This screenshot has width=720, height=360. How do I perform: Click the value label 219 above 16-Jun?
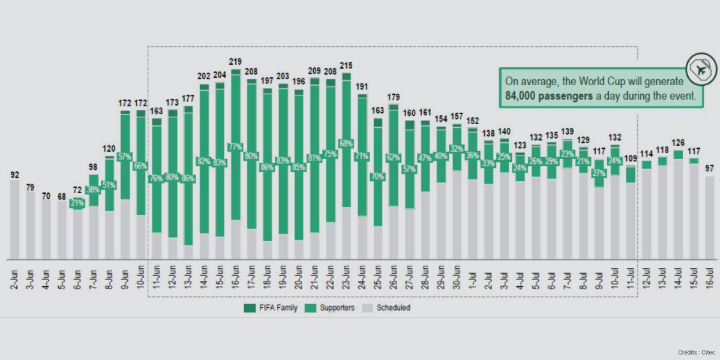[235, 62]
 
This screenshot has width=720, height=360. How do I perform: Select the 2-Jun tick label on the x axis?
[15, 278]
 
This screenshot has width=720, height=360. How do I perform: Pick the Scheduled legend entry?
[389, 308]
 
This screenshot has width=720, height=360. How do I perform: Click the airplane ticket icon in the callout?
[701, 69]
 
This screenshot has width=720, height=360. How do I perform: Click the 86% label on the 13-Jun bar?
[188, 179]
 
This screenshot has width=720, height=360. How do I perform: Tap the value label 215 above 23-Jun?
[346, 65]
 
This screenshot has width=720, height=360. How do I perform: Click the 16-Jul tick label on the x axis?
[710, 278]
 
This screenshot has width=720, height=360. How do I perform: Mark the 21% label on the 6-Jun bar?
[78, 203]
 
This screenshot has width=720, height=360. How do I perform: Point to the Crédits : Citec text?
[695, 352]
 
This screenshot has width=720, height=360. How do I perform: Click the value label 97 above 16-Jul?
[709, 169]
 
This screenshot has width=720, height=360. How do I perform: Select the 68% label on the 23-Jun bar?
[346, 143]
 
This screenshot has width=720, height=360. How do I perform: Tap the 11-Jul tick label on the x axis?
[631, 278]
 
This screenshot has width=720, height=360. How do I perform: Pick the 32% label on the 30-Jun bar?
[457, 148]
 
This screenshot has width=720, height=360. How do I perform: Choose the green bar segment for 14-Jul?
[678, 155]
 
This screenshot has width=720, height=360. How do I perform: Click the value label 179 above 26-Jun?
[393, 97]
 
